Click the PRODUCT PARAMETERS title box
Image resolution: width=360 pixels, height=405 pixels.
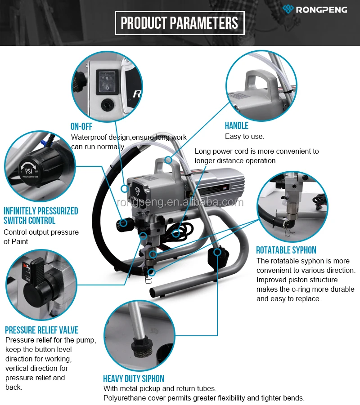[180, 23]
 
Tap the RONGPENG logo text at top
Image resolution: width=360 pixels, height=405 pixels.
[321, 9]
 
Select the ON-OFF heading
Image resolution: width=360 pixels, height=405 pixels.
[81, 126]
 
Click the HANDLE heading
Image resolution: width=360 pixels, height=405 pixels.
[237, 126]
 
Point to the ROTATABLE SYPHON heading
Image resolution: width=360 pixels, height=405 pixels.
[286, 250]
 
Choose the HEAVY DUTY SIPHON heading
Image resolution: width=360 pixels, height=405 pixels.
[134, 378]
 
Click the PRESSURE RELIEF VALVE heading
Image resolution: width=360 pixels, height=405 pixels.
[42, 330]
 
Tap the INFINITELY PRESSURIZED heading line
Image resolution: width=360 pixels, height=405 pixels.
[41, 211]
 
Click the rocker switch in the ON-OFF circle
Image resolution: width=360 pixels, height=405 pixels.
[107, 81]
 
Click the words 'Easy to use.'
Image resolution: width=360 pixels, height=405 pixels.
[244, 136]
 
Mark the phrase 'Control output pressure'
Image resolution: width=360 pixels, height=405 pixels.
[41, 232]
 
